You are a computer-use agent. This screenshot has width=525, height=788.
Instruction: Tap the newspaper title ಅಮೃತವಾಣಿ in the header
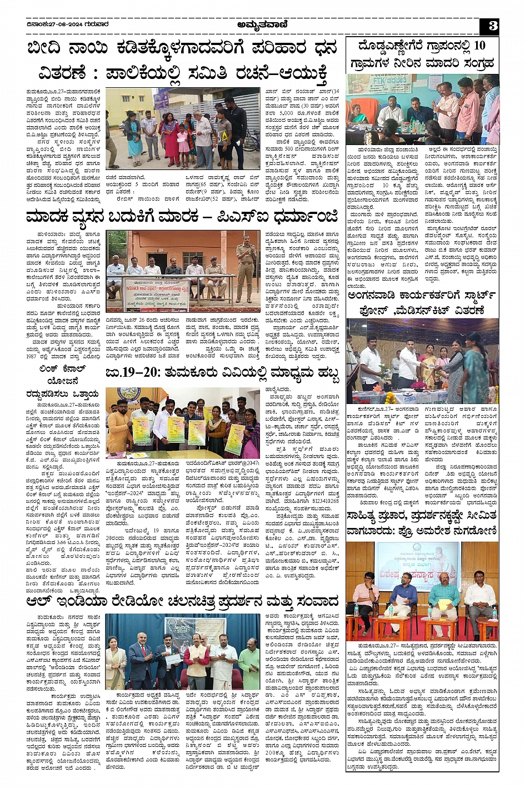[262, 24]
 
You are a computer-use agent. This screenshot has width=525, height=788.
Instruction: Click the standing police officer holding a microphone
[244, 266]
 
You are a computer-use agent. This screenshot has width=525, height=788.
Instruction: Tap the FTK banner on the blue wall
[367, 89]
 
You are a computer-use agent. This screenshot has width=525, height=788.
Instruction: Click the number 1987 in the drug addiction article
[34, 355]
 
